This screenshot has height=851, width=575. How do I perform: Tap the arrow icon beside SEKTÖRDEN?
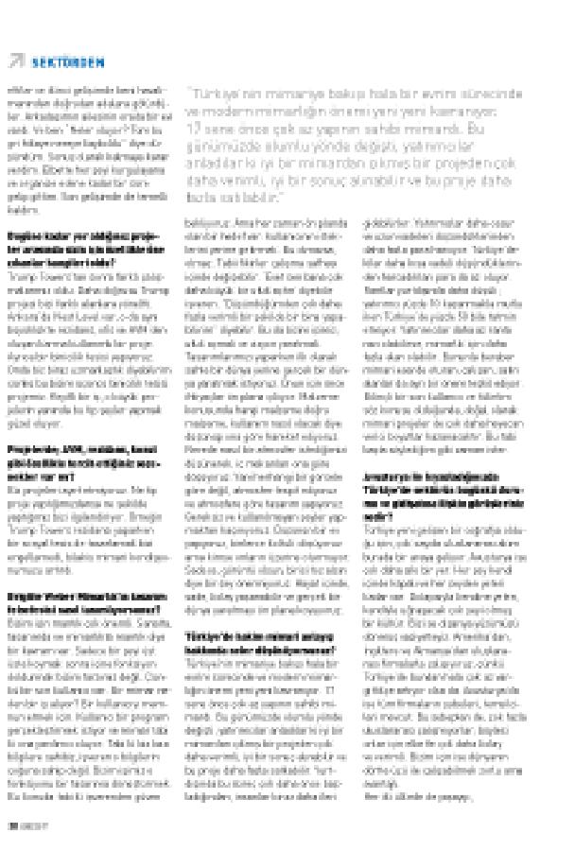16,61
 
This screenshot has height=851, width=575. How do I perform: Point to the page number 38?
12,824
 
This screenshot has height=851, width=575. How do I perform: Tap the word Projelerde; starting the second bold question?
28,449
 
